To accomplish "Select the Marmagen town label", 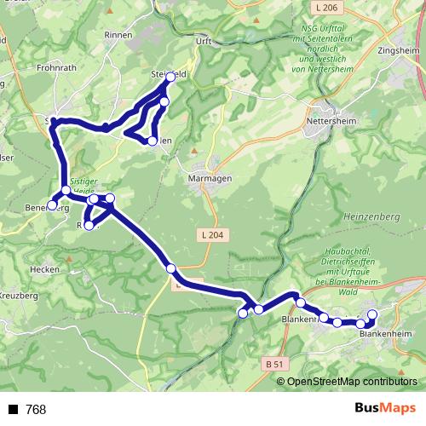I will (204, 180).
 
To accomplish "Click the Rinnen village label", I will (118, 35).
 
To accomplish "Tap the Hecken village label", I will (44, 268).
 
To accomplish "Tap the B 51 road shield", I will (274, 364).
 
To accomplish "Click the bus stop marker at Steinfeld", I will (170, 77).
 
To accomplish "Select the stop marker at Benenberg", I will (52, 205).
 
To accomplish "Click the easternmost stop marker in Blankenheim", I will (372, 314).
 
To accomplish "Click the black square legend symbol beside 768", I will (13, 410).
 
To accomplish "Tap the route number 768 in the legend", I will (36, 410).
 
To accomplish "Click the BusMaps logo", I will (384, 409).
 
